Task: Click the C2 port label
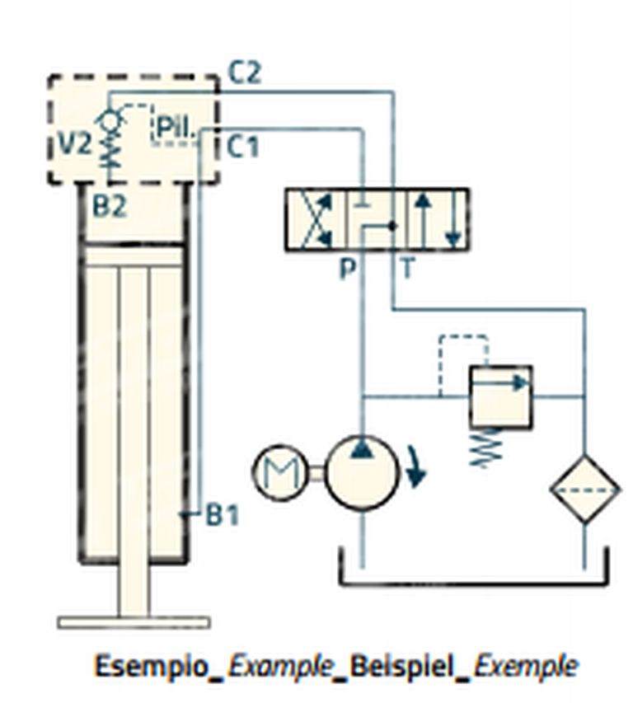coord(244,73)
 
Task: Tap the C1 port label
coord(243,146)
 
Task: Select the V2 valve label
coord(75,144)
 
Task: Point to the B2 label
coord(110,206)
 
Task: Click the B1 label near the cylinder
coord(222,515)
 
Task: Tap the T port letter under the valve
coord(407,269)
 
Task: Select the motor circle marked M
coord(280,472)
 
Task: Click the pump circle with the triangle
coord(362,472)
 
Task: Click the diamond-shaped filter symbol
coord(585,490)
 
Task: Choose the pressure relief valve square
coord(501,396)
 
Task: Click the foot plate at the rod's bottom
coord(134,622)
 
